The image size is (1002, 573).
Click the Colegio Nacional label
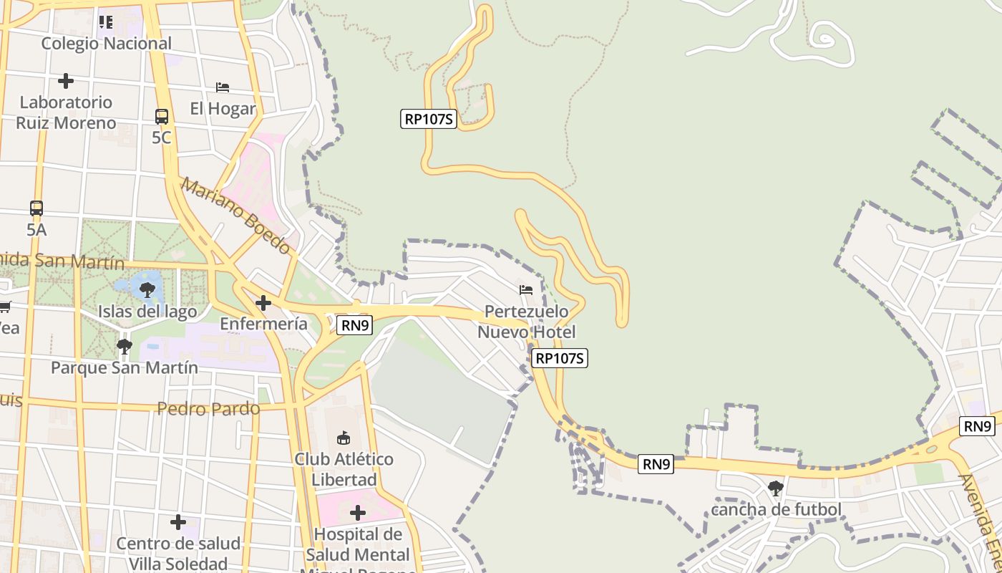(x=106, y=44)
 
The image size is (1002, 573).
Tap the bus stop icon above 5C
(x=162, y=116)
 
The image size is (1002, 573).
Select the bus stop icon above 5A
(x=37, y=208)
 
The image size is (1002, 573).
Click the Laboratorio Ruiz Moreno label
(x=66, y=112)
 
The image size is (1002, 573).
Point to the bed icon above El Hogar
(x=223, y=87)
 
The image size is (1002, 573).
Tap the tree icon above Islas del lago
(x=147, y=290)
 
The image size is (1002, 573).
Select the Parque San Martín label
(x=125, y=368)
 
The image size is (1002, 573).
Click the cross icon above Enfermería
(x=263, y=303)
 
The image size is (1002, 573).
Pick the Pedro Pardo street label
(x=208, y=409)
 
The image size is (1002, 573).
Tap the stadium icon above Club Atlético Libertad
(x=344, y=438)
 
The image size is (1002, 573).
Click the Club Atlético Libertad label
(x=344, y=469)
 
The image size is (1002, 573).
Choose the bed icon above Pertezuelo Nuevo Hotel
(x=526, y=290)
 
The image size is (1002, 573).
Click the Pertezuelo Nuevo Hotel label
(x=526, y=322)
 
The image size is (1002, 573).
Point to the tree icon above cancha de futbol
(x=775, y=488)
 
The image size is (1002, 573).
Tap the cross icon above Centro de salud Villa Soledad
(x=178, y=522)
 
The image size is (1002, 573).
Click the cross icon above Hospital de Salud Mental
(x=358, y=513)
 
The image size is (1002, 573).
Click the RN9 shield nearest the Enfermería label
(x=355, y=326)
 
